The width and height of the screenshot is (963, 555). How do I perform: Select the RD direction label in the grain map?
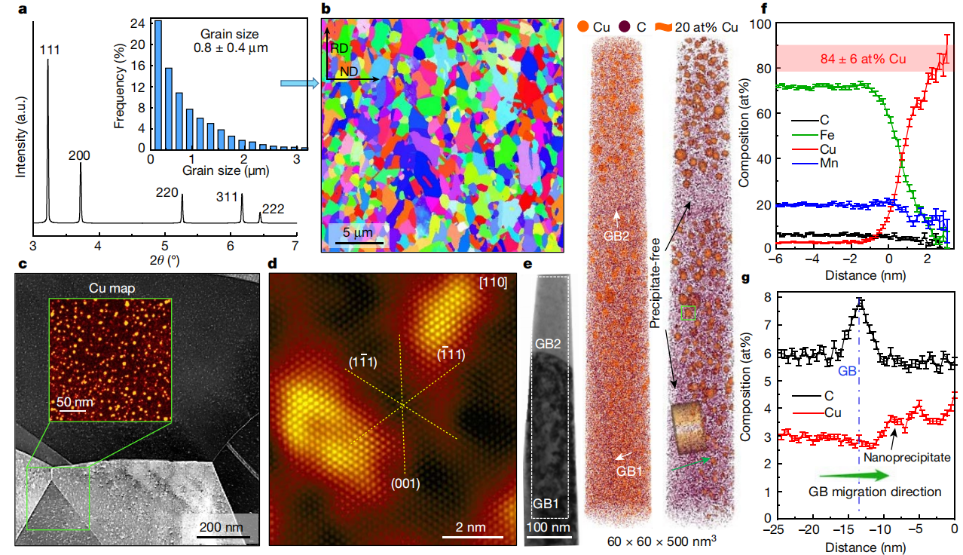tap(341, 47)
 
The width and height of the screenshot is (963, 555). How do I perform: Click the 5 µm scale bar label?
tap(353, 232)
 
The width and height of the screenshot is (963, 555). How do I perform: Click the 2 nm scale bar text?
tap(472, 525)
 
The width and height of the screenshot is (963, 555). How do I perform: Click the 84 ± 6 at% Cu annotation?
tap(863, 57)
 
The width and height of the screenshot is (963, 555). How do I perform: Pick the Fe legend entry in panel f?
tap(827, 133)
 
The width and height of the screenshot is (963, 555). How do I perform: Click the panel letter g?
tap(745, 277)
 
